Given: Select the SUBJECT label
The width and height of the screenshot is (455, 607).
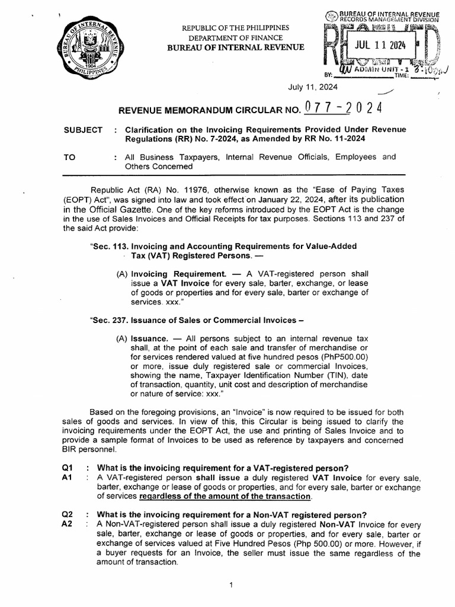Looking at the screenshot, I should [82, 130].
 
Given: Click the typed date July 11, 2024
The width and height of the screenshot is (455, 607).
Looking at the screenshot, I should [313, 87].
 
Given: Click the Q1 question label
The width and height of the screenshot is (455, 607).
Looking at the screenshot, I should [68, 468].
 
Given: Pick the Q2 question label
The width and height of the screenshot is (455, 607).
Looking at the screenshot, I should [68, 515].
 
